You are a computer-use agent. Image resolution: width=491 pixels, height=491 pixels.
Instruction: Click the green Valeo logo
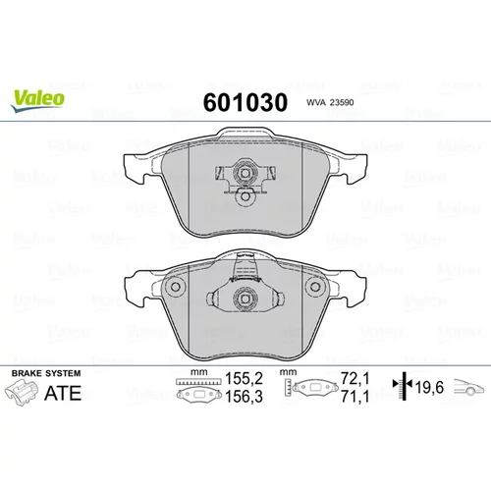(x=37, y=101)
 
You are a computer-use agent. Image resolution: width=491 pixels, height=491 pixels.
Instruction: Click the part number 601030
(x=245, y=102)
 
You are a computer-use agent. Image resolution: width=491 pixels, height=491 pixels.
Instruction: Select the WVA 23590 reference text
(x=330, y=103)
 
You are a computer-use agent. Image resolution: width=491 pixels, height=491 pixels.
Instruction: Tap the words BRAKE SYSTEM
(x=46, y=373)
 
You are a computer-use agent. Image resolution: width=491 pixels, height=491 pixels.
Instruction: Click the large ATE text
(x=63, y=393)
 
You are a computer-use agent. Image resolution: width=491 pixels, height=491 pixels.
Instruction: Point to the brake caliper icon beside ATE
(x=21, y=393)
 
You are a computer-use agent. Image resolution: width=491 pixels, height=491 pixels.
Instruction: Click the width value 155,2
(x=245, y=379)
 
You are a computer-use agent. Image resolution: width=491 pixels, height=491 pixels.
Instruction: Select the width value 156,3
(x=245, y=397)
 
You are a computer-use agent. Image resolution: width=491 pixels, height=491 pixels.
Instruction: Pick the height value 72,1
(x=355, y=379)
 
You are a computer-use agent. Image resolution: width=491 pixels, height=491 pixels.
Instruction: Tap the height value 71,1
(x=355, y=397)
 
